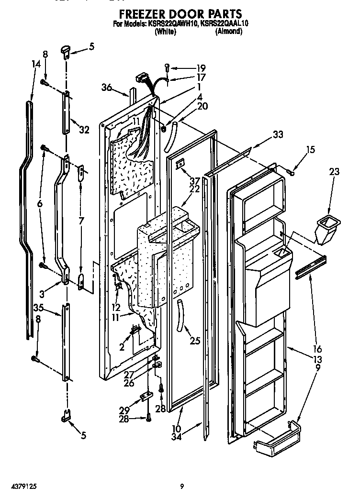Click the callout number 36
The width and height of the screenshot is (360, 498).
[106, 87]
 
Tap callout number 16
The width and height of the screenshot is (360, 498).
[316, 349]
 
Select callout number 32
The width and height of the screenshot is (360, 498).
[84, 129]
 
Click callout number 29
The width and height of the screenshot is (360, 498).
[124, 411]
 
